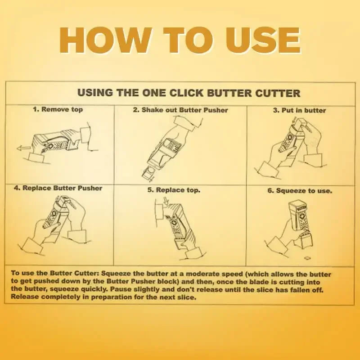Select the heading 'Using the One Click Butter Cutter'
click(x=189, y=93)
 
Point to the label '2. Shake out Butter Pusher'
click(x=180, y=110)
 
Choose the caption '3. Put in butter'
click(x=299, y=110)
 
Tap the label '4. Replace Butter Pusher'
click(x=58, y=188)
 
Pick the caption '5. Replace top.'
click(x=174, y=190)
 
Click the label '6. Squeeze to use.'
click(x=300, y=190)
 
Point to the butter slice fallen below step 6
click(x=307, y=258)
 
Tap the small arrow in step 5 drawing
click(x=167, y=205)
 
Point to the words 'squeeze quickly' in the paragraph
click(x=76, y=290)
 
